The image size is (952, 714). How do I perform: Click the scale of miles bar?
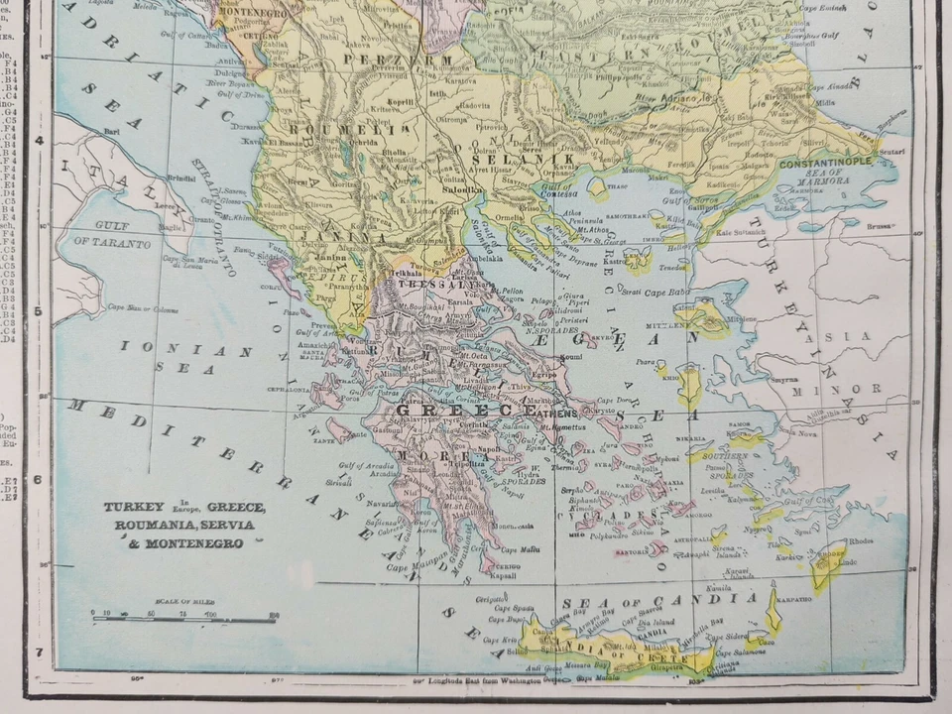tap(183, 620)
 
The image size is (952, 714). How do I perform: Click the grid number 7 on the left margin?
tap(39, 653)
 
